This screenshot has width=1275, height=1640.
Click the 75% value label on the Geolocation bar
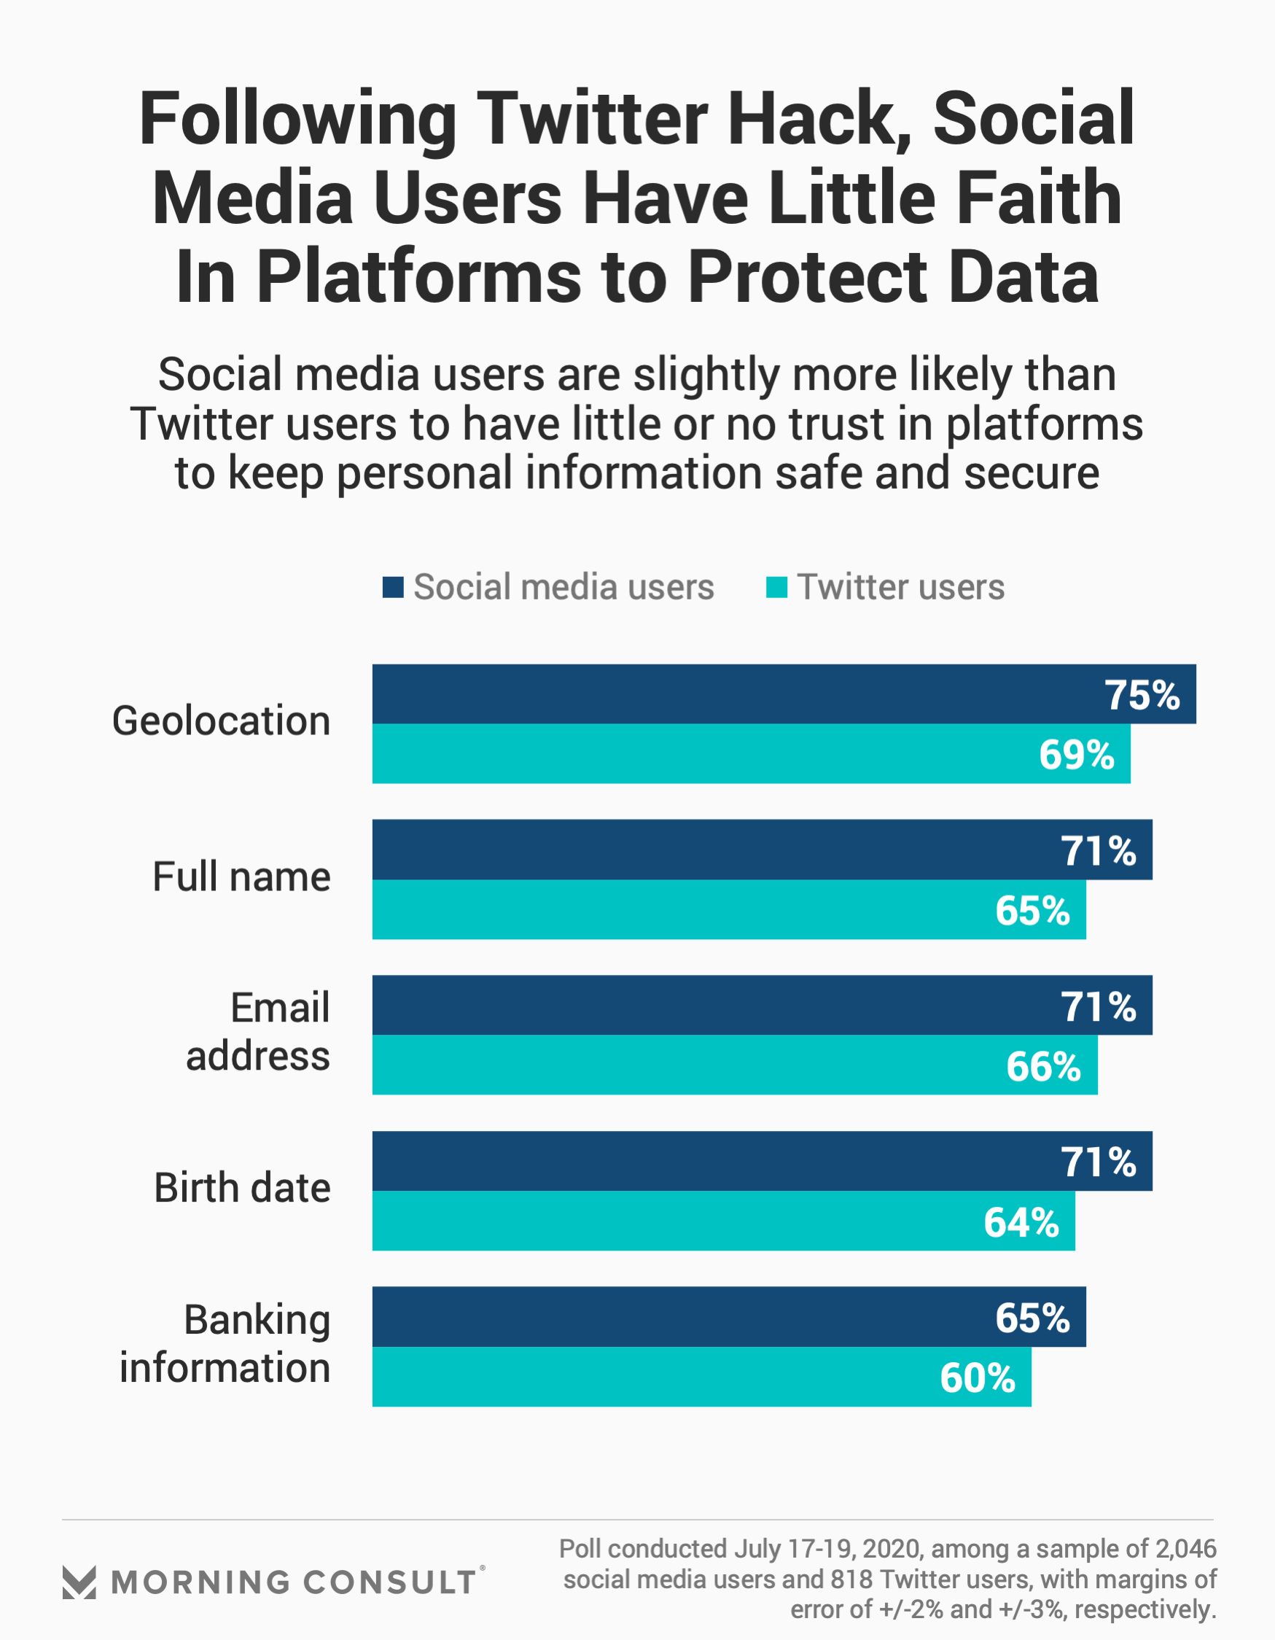pos(1142,696)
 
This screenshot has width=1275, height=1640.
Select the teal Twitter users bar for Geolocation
pos(751,754)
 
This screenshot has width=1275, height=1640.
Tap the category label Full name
pos(241,877)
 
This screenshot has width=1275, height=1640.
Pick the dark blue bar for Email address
pos(762,1006)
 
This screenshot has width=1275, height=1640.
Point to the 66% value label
pos(1043,1066)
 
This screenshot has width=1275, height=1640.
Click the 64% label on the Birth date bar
pos(1021,1222)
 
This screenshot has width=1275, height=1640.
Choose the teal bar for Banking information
pos(701,1377)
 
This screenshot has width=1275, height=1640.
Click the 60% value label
pos(977,1379)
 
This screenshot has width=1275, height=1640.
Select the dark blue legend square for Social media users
pos(393,587)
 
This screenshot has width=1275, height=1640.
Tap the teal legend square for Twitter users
pos(776,587)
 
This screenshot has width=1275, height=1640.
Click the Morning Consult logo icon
pos(79,1583)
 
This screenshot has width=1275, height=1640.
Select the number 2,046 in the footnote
pos(1185,1549)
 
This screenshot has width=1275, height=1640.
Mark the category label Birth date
pos(242,1188)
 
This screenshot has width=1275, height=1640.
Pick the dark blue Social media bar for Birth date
pos(762,1161)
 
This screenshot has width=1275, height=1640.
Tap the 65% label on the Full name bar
pos(1032,911)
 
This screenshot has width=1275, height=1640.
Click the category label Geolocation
pos(221,722)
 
